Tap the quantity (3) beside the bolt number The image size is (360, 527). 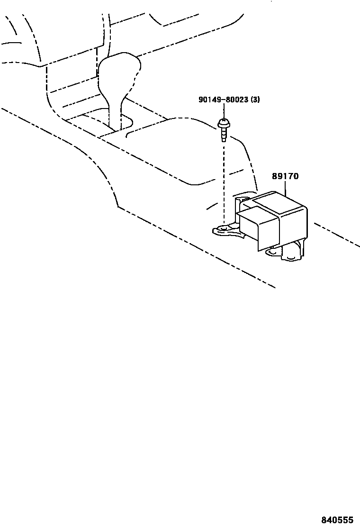(x=255, y=100)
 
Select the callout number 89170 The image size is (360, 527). (x=285, y=176)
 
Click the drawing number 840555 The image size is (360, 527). (x=338, y=520)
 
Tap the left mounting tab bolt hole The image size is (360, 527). (x=223, y=229)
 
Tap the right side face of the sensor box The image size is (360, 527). (x=294, y=227)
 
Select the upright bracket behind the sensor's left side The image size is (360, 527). (x=237, y=209)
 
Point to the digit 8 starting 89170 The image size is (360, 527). (x=274, y=176)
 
